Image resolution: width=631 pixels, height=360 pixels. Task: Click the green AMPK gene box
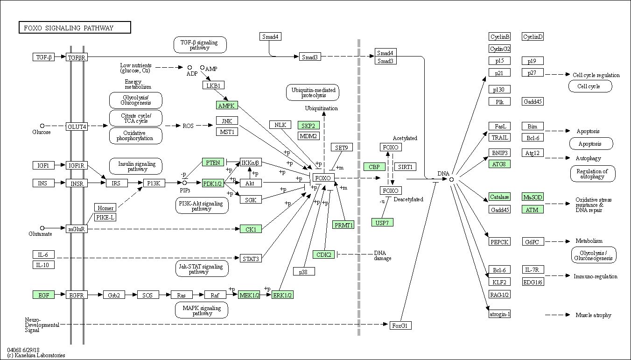(x=227, y=106)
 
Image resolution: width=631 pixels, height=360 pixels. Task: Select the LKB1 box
(x=213, y=85)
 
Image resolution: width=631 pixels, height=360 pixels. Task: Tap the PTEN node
(x=213, y=162)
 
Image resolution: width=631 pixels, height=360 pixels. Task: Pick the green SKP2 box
(x=308, y=126)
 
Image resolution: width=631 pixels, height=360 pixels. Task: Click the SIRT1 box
(x=405, y=167)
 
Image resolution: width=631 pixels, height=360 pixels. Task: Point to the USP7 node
(x=382, y=222)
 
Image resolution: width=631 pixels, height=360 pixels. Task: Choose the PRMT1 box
(x=343, y=225)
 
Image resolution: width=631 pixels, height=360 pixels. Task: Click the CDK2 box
(x=324, y=254)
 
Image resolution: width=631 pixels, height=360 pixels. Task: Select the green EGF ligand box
(x=44, y=295)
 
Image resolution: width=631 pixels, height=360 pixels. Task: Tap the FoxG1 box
(x=400, y=325)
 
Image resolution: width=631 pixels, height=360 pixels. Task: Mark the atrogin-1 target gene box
(x=499, y=314)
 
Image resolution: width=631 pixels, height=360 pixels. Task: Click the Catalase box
(x=499, y=197)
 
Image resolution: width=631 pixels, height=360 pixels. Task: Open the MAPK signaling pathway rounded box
(x=202, y=311)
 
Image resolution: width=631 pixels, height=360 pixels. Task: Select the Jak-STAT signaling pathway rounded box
(x=202, y=269)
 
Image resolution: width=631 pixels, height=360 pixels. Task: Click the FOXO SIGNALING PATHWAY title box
(x=75, y=28)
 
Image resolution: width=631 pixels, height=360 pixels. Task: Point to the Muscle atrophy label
(x=593, y=315)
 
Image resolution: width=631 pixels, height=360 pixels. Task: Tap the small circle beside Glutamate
(x=42, y=228)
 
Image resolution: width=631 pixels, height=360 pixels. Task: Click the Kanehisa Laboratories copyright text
(x=36, y=355)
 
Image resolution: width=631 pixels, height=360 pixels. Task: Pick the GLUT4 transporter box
(x=77, y=127)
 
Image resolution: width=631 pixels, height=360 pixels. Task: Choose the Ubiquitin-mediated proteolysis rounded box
(x=313, y=92)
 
